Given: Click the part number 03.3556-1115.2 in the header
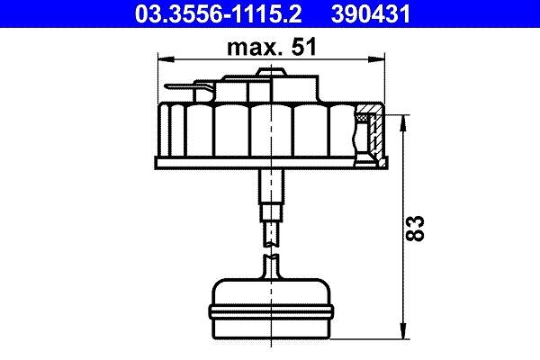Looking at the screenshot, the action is coord(218,13).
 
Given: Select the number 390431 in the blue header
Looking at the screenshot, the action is coord(371,13).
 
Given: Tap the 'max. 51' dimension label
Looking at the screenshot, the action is coord(272,47).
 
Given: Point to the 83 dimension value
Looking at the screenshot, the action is coord(415,228).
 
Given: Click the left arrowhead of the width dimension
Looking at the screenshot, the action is coord(166,59).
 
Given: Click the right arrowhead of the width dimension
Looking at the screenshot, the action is coord(376,59).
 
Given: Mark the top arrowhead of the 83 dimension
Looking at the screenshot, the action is coord(403,123).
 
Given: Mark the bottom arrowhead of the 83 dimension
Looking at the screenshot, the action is coord(403,330).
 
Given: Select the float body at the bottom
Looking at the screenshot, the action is coord(272,309).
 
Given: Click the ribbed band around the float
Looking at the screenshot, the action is coord(272,311).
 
